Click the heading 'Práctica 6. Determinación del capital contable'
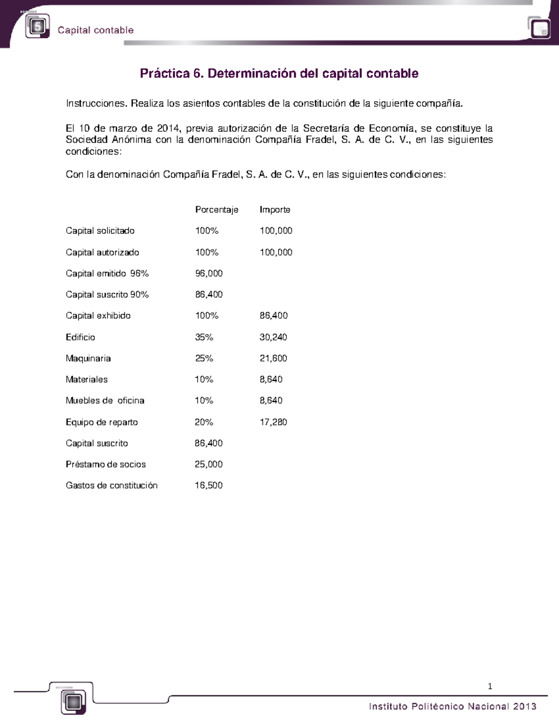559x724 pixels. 279,74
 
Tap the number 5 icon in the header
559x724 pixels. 37,27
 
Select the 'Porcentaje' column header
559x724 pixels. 217,210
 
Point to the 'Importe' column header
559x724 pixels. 275,210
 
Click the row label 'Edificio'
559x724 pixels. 80,337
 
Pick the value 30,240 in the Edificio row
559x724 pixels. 273,337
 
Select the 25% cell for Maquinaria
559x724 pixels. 204,359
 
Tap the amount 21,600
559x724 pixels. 273,359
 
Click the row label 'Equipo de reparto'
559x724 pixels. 102,422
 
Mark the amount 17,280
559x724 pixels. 273,422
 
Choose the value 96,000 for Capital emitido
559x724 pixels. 208,274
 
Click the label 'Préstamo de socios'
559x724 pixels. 106,464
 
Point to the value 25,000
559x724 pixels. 208,464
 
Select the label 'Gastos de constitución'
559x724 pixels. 111,485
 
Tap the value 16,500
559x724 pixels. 208,485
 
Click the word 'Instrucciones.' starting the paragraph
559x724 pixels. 96,103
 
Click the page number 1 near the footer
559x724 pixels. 490,686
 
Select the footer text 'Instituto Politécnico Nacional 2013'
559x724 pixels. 452,706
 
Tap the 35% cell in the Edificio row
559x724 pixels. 204,337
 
